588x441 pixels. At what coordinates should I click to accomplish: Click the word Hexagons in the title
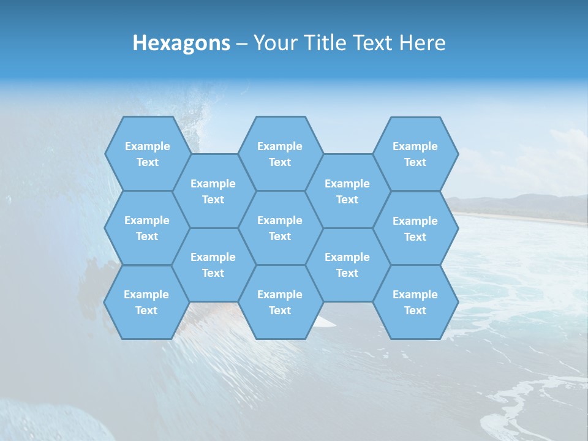(181, 43)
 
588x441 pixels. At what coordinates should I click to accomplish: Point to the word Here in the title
(422, 43)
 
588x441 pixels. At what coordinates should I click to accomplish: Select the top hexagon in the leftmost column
(147, 154)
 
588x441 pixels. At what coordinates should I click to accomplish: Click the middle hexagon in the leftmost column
(147, 228)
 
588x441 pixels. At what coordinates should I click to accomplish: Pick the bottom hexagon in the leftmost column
(146, 302)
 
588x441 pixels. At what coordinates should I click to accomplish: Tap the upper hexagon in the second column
(213, 191)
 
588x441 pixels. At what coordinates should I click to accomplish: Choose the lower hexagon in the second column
(213, 265)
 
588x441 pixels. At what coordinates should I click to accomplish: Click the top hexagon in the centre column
(280, 154)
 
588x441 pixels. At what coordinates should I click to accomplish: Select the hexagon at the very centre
(280, 228)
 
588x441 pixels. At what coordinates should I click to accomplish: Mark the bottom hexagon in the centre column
(280, 302)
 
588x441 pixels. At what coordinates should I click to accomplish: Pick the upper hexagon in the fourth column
(347, 191)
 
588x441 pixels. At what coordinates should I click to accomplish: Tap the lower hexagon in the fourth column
(347, 265)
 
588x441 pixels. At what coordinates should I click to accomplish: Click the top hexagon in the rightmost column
(415, 154)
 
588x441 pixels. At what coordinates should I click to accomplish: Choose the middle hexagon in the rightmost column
(415, 228)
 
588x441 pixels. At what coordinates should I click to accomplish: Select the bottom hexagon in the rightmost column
(415, 302)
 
